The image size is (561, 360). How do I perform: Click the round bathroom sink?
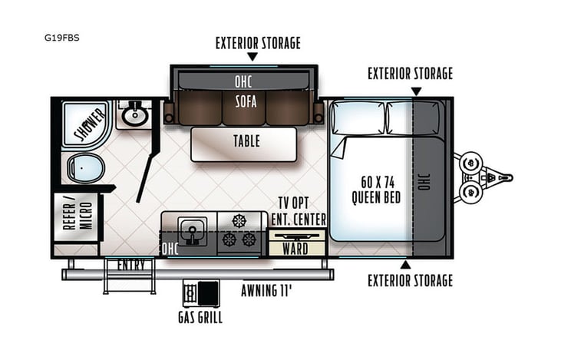136,115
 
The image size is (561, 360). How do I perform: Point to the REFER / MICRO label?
77,217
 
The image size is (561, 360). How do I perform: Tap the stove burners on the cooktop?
239,231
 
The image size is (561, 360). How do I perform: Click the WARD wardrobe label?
295,248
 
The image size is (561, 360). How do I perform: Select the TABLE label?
246,141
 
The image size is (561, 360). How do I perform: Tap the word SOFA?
246,101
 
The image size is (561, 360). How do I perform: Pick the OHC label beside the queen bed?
424,180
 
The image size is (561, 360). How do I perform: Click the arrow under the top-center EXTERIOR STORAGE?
252,56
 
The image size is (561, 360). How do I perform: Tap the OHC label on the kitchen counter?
170,249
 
